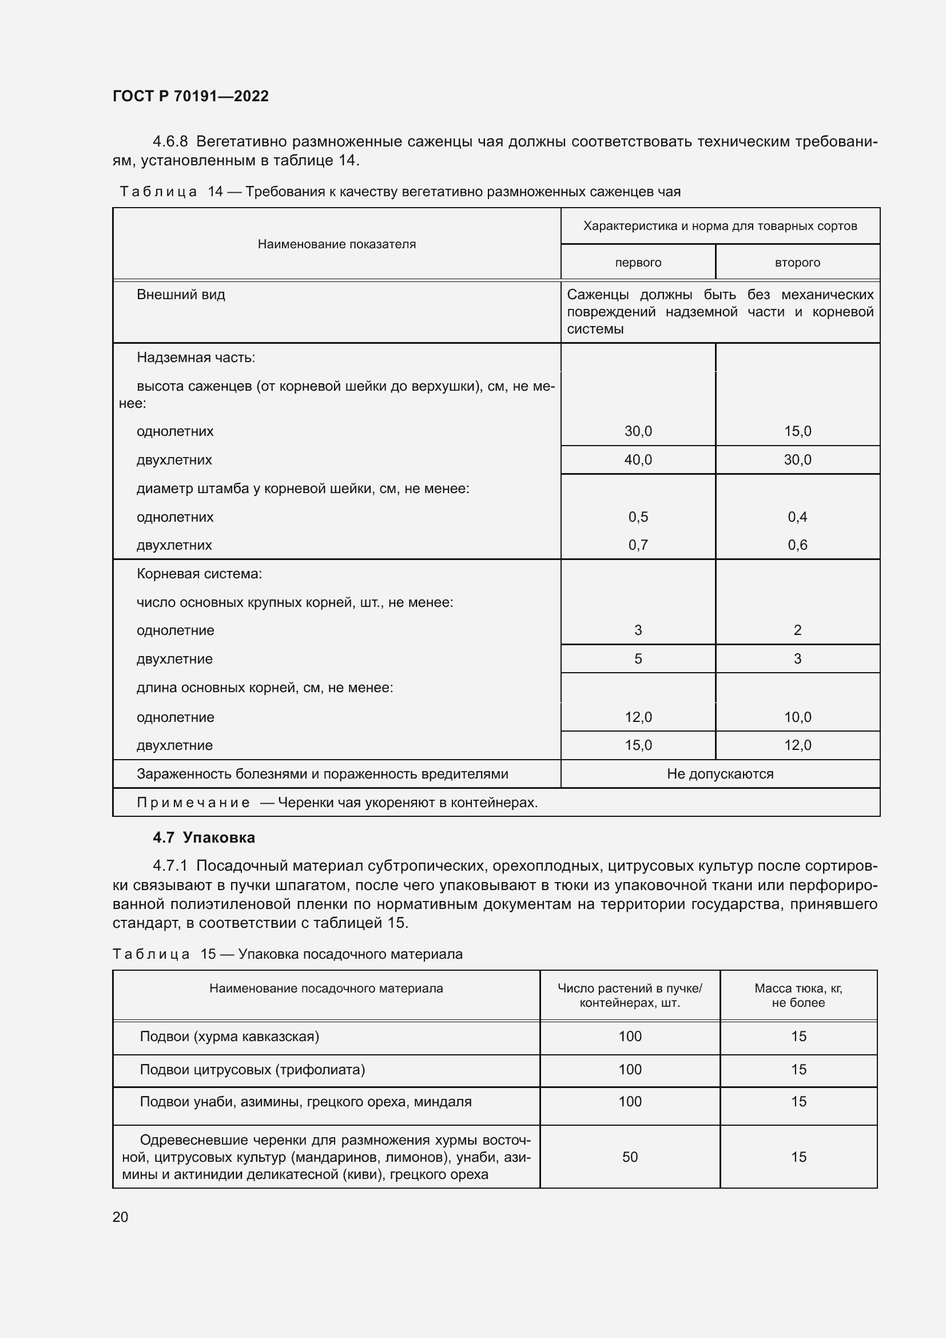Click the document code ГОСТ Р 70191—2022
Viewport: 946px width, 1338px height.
[x=190, y=96]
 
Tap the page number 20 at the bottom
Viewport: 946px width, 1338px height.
[x=120, y=1217]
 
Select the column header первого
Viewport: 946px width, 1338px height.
[x=638, y=263]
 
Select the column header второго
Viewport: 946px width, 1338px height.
[x=797, y=263]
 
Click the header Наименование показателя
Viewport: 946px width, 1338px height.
[x=337, y=244]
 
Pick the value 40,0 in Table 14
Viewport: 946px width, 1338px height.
[x=638, y=460]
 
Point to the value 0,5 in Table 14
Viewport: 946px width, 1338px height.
[x=638, y=517]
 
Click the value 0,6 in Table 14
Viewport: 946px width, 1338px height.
[x=797, y=545]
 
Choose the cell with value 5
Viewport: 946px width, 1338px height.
[x=638, y=658]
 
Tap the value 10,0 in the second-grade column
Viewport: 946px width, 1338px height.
[x=797, y=717]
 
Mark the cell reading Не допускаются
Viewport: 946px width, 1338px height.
[x=720, y=774]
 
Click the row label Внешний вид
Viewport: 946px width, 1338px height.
[x=181, y=295]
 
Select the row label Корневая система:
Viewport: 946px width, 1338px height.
[x=199, y=574]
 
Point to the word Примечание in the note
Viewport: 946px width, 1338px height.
[x=193, y=803]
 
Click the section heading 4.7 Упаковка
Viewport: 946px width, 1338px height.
[x=204, y=837]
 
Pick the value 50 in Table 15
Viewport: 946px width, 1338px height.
[x=630, y=1157]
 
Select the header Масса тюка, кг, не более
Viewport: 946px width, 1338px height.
[x=798, y=995]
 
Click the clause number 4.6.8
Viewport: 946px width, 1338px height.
[x=170, y=142]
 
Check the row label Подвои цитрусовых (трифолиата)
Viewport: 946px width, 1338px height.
[x=252, y=1069]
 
